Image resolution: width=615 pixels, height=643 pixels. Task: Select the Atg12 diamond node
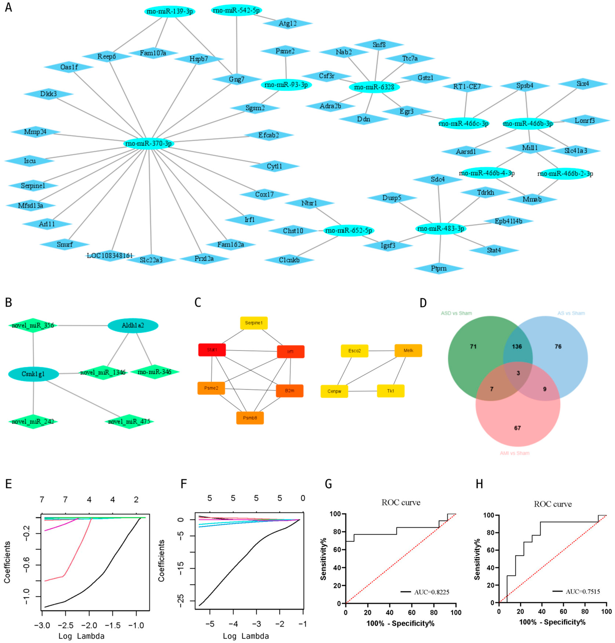click(287, 23)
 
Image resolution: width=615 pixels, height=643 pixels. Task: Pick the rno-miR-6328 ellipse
click(374, 87)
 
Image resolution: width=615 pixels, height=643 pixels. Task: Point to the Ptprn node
click(439, 268)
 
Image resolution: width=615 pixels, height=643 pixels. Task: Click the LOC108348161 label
click(110, 255)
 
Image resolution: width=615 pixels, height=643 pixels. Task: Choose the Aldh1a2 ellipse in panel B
click(133, 325)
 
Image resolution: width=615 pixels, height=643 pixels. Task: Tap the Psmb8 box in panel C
click(250, 418)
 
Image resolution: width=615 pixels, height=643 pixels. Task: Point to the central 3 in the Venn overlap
click(518, 373)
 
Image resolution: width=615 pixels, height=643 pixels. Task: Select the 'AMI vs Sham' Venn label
click(514, 453)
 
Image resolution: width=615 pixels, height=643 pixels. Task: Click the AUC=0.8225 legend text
click(431, 592)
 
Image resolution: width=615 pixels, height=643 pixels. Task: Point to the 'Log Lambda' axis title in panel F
click(246, 636)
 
